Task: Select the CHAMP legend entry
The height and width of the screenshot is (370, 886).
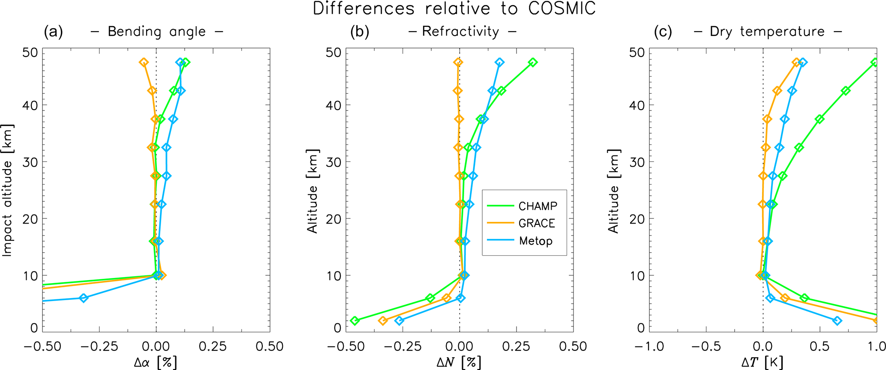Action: [538, 206]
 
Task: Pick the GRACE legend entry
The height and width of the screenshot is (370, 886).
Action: [536, 224]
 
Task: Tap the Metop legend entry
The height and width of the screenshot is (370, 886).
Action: [535, 241]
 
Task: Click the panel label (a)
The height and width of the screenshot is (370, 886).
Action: [54, 32]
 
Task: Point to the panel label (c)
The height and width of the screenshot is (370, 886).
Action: [663, 32]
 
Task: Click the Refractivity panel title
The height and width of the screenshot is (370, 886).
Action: [460, 32]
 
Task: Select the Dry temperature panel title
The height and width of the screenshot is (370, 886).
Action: [767, 32]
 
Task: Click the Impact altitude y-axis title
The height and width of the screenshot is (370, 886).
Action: [8, 191]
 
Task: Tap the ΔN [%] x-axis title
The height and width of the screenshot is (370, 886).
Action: [458, 363]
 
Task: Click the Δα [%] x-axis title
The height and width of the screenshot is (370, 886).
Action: [155, 363]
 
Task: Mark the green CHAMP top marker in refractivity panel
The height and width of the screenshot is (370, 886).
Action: [533, 63]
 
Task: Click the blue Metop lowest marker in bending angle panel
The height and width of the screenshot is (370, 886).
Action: [84, 298]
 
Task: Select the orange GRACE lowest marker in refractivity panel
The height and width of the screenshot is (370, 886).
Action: [383, 321]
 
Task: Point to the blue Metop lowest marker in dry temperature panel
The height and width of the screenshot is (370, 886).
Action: [837, 321]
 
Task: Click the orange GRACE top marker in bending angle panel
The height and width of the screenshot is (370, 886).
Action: [144, 63]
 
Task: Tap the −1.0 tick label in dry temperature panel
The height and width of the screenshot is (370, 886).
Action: [649, 346]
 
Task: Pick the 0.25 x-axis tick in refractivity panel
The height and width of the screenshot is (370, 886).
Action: [516, 346]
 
